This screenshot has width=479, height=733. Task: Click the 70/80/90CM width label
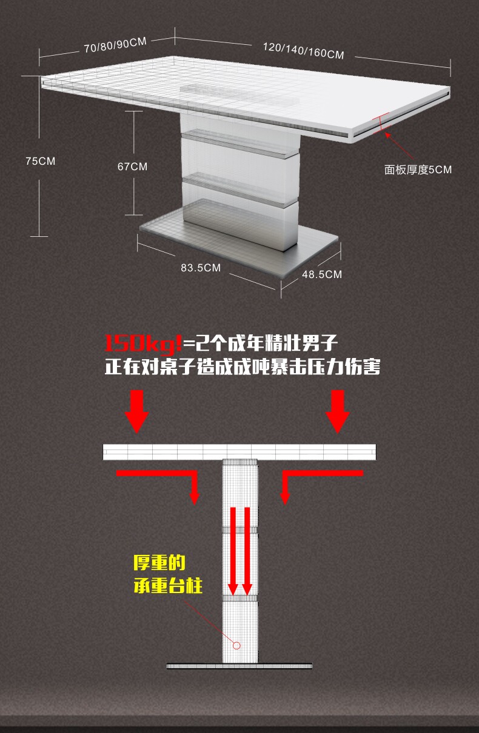tap(115, 45)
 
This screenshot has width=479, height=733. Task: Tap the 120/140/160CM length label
tap(303, 51)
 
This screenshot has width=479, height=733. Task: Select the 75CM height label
tap(40, 161)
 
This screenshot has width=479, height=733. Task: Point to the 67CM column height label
tap(132, 167)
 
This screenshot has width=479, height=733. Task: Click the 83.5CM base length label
tap(201, 268)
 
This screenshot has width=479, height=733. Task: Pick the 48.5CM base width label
tap(322, 274)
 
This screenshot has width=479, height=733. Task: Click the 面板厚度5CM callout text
tap(418, 170)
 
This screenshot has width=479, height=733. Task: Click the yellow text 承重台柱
tap(168, 585)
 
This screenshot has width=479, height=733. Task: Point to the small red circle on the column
tap(236, 646)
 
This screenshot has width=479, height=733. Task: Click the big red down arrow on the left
tap(137, 412)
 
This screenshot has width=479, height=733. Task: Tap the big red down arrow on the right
tap(338, 412)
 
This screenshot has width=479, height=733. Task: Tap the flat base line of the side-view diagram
tap(239, 666)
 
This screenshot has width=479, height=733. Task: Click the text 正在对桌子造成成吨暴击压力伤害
tap(243, 366)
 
